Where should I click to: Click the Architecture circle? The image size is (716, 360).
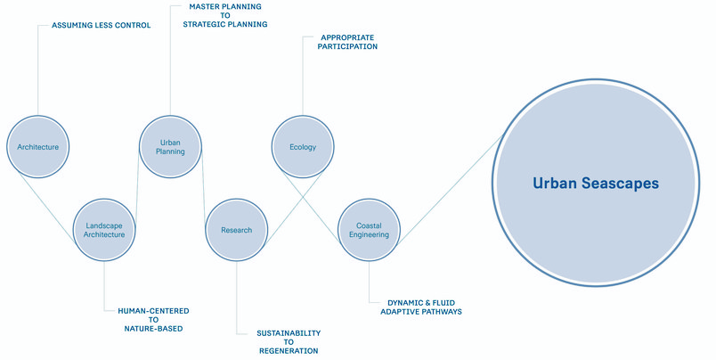click(x=38, y=147)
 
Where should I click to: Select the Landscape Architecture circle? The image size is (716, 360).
click(x=104, y=230)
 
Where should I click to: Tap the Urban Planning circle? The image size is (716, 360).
click(x=170, y=147)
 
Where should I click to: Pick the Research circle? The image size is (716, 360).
click(x=237, y=230)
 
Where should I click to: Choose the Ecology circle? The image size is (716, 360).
click(x=303, y=147)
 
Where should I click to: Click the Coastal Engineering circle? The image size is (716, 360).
click(x=369, y=230)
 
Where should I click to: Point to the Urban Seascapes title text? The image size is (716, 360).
click(x=596, y=184)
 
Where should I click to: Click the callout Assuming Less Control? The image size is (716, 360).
click(x=101, y=25)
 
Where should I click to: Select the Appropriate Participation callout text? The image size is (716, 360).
click(x=347, y=42)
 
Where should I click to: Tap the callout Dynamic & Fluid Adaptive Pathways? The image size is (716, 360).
click(x=421, y=307)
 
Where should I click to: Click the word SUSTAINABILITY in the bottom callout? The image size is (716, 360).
click(x=289, y=333)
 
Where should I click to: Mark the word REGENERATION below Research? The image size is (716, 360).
click(x=289, y=351)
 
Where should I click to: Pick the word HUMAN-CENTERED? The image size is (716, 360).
click(x=153, y=311)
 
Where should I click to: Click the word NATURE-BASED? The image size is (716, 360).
click(x=153, y=329)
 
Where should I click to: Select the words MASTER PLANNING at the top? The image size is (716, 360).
click(x=225, y=6)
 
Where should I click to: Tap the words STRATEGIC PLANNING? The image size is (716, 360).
click(x=225, y=24)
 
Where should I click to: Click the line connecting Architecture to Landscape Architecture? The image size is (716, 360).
click(x=46, y=208)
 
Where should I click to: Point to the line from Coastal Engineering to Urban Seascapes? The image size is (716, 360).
click(x=450, y=191)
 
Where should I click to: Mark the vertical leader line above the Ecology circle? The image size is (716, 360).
click(x=303, y=77)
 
